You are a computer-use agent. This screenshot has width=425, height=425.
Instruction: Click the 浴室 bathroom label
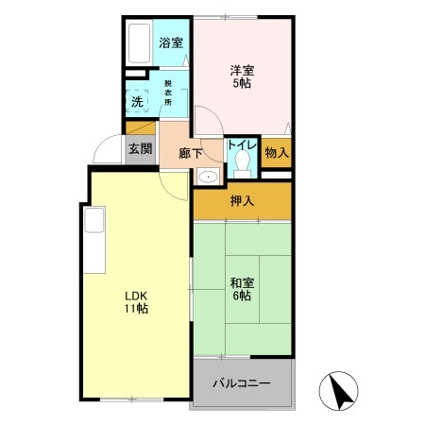coord(170,42)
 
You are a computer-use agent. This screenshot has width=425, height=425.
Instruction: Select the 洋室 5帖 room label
coord(243,75)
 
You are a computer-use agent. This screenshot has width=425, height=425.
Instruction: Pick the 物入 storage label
coord(276,152)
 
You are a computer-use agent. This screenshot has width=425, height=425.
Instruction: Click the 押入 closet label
coord(242,200)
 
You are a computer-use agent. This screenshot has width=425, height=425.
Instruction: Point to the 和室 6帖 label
coord(240,288)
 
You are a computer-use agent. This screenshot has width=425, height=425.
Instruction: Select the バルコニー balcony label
coord(241,383)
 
